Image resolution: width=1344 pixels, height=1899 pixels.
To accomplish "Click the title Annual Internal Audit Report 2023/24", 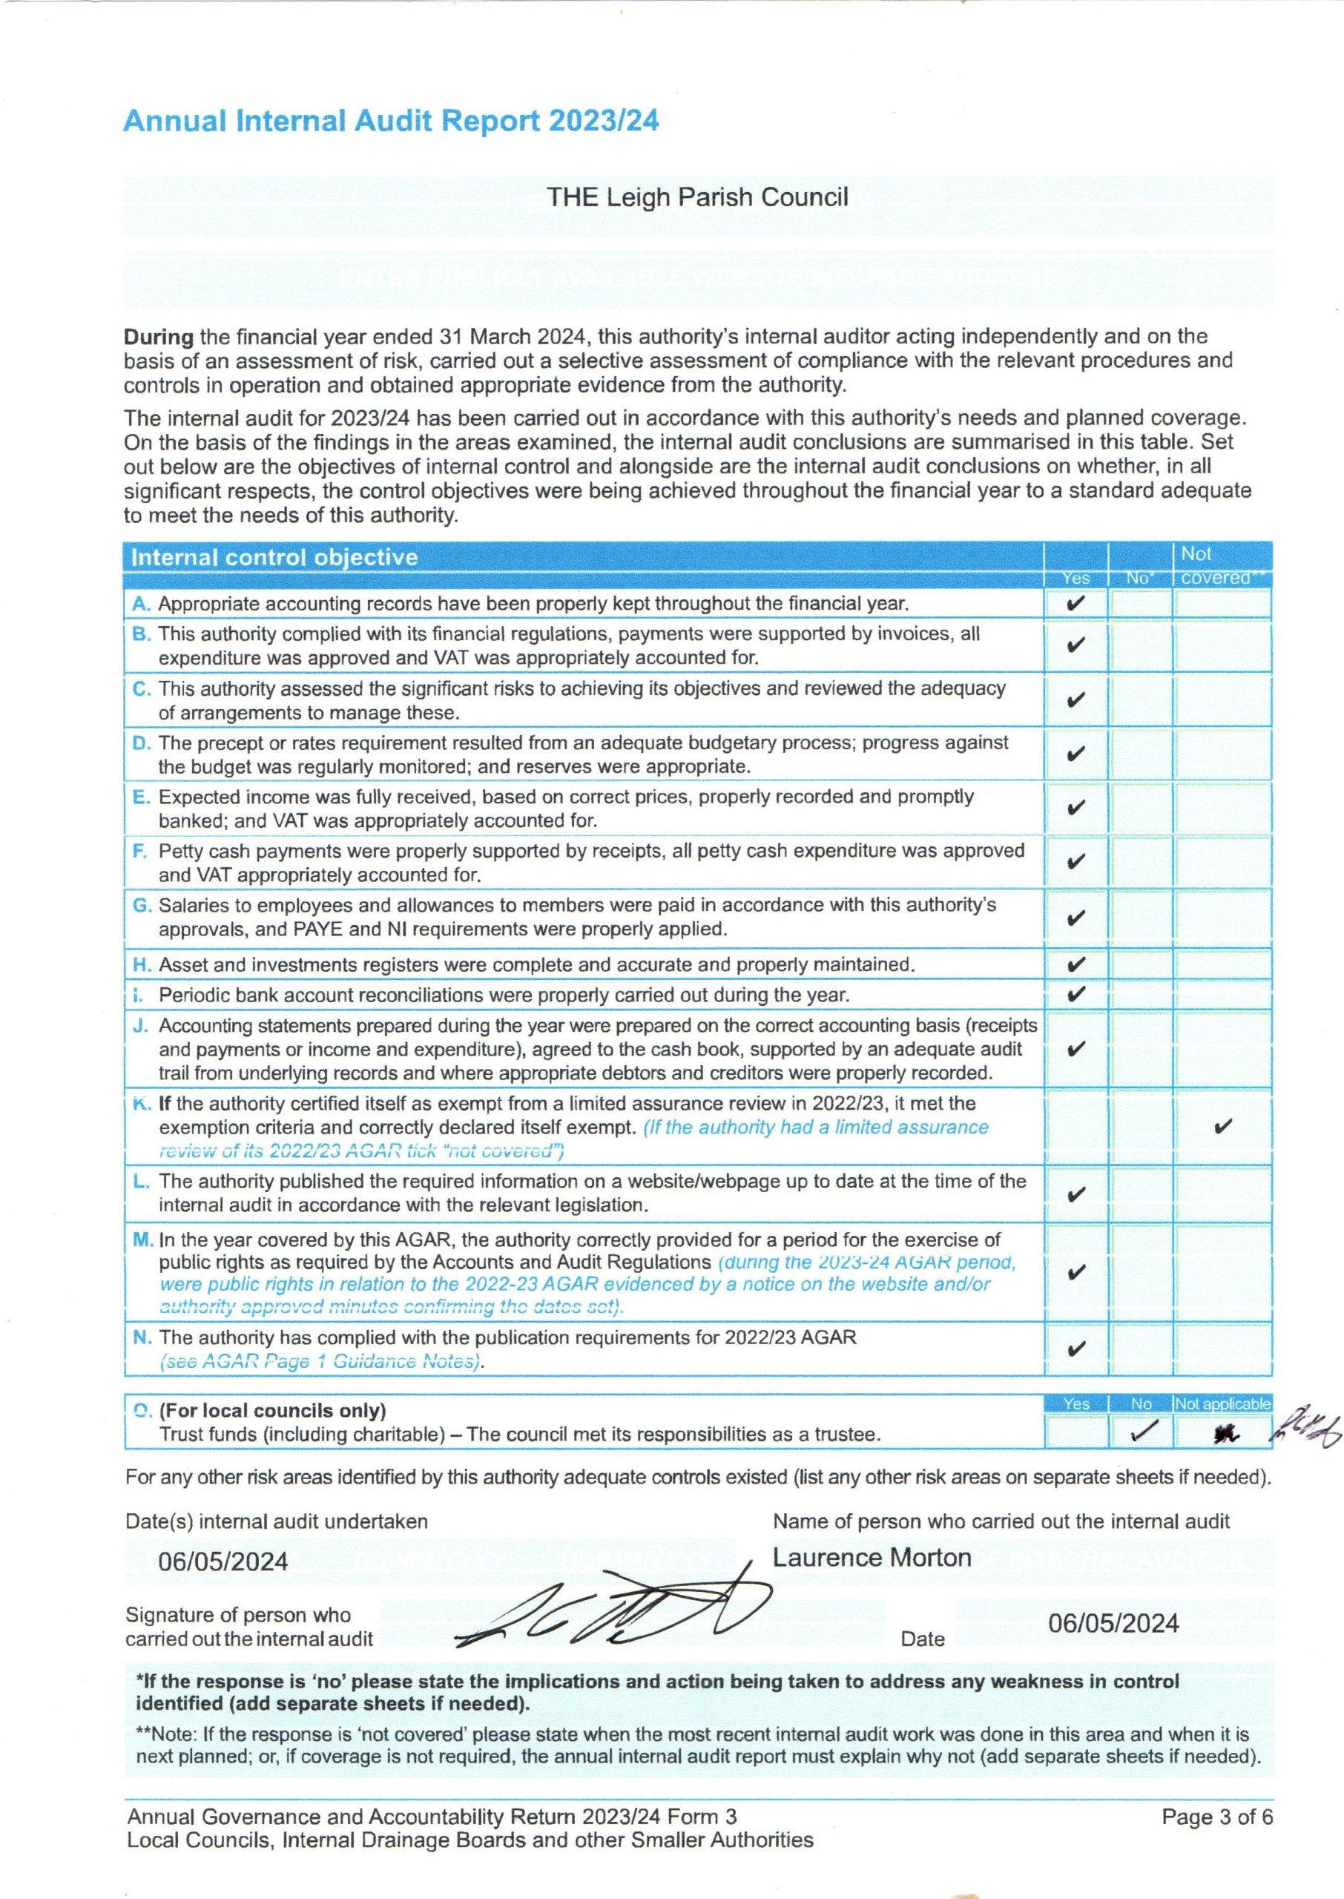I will click(x=391, y=122).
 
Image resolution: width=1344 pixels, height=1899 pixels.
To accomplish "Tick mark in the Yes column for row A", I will click(x=1075, y=603).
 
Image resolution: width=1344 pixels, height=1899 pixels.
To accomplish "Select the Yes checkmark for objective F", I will click(x=1075, y=862).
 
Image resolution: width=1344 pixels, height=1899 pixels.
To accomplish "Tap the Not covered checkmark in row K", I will click(x=1222, y=1126).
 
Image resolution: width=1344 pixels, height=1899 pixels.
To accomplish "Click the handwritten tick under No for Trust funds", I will click(x=1141, y=1433).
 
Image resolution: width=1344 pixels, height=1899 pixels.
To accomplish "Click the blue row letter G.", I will click(x=142, y=905).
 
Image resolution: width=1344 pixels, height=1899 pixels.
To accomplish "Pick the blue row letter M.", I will click(x=143, y=1240).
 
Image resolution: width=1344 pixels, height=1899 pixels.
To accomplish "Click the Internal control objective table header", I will click(x=274, y=557).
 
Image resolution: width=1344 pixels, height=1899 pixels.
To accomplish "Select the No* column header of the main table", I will click(x=1139, y=579).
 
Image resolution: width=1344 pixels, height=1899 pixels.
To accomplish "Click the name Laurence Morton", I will click(x=872, y=1557).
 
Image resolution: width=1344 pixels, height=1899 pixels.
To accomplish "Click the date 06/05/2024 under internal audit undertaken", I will click(x=223, y=1561).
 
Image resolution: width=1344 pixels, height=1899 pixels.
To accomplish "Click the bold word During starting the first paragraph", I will click(x=158, y=337).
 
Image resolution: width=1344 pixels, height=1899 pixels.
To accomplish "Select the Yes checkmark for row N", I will click(x=1075, y=1349).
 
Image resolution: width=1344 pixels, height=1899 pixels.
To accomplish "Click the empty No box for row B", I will click(x=1139, y=645).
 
